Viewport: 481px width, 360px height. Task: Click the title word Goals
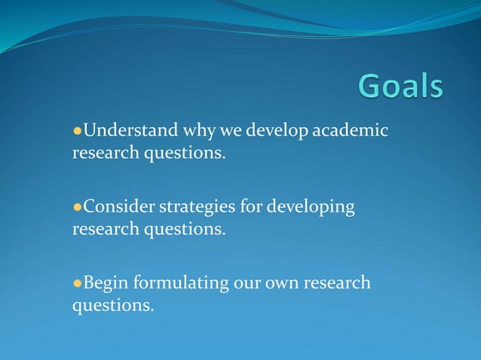tap(400, 87)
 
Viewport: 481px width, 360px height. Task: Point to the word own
tap(281, 283)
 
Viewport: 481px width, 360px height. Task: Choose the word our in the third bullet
tap(248, 283)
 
